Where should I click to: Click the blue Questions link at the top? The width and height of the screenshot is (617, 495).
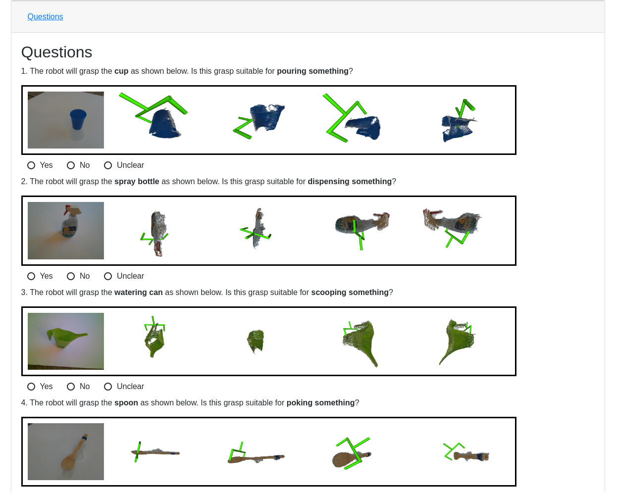click(45, 17)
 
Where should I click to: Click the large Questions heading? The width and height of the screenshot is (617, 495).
click(56, 52)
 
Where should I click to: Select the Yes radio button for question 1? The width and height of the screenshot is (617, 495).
click(31, 165)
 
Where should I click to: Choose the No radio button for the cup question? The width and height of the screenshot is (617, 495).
click(71, 165)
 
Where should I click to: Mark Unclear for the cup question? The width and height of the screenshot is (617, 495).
click(108, 165)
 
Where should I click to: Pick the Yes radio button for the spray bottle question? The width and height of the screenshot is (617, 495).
click(31, 276)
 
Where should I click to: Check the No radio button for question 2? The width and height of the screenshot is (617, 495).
click(71, 276)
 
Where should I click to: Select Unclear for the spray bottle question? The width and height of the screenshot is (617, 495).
click(108, 276)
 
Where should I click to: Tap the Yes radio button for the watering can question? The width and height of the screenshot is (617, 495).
click(31, 387)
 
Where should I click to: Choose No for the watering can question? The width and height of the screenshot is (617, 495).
click(71, 387)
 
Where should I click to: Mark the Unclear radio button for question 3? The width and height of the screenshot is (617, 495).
click(108, 387)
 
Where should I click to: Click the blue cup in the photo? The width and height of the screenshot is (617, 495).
click(78, 119)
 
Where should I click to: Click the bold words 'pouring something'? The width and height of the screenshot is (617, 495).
click(312, 71)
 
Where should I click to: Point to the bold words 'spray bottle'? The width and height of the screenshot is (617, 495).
click(137, 182)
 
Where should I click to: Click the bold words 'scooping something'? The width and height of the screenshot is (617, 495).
click(350, 293)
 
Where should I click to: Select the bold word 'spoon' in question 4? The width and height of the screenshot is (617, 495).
click(126, 403)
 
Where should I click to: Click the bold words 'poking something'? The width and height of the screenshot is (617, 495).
click(320, 403)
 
